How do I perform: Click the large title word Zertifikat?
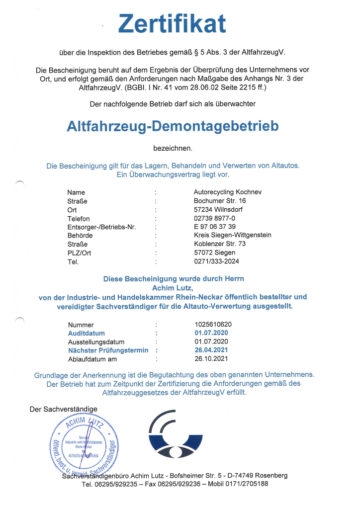[172, 23]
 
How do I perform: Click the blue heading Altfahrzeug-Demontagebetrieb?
[173, 126]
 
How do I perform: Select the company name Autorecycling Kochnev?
[227, 192]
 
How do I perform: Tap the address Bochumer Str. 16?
[220, 200]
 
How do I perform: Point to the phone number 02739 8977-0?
[215, 218]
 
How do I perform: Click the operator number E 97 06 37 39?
[215, 227]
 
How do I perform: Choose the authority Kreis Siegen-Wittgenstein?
[232, 235]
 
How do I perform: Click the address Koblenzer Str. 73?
[220, 244]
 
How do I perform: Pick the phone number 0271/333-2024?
[217, 261]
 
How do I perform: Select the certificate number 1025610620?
[213, 325]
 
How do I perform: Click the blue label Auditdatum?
[87, 334]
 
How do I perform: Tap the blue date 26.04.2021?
[211, 350]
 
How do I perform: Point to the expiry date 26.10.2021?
[211, 359]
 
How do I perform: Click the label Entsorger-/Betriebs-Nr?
[101, 227]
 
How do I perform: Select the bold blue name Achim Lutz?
[172, 287]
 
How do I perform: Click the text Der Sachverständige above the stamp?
[64, 409]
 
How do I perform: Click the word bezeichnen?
[172, 148]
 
